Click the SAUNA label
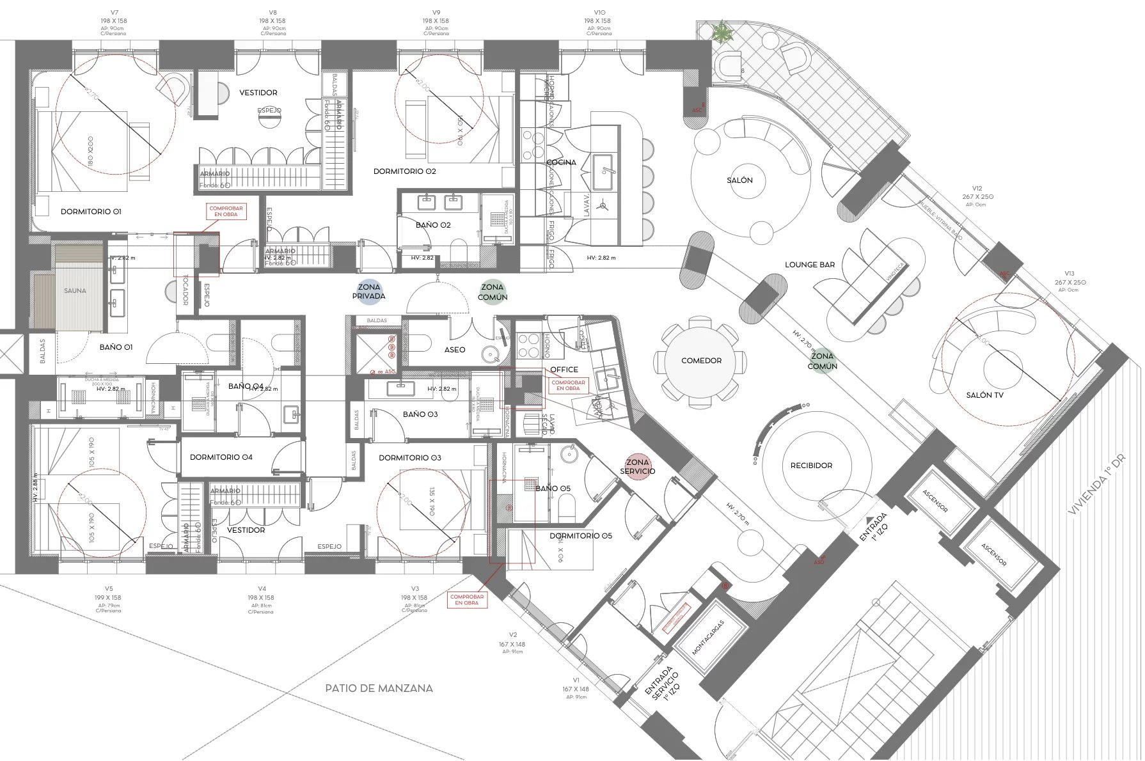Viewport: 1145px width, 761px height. (75, 290)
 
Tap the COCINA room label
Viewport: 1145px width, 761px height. (561, 162)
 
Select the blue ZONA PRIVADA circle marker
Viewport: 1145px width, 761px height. (369, 292)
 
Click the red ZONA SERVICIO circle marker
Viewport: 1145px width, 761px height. (637, 466)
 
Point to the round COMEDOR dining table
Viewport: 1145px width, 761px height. (701, 361)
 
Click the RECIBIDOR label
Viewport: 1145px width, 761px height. (811, 466)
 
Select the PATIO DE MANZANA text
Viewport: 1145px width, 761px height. (379, 688)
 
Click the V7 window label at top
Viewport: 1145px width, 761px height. (114, 12)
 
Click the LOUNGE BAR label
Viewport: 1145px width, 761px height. (810, 265)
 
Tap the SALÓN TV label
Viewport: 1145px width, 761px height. (984, 395)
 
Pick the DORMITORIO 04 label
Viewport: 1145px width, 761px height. (221, 457)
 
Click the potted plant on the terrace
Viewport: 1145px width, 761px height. (722, 32)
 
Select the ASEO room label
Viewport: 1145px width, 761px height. (455, 350)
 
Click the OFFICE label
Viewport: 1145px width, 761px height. (564, 370)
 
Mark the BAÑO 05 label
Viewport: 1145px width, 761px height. (553, 489)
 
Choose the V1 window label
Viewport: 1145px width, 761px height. (576, 680)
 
